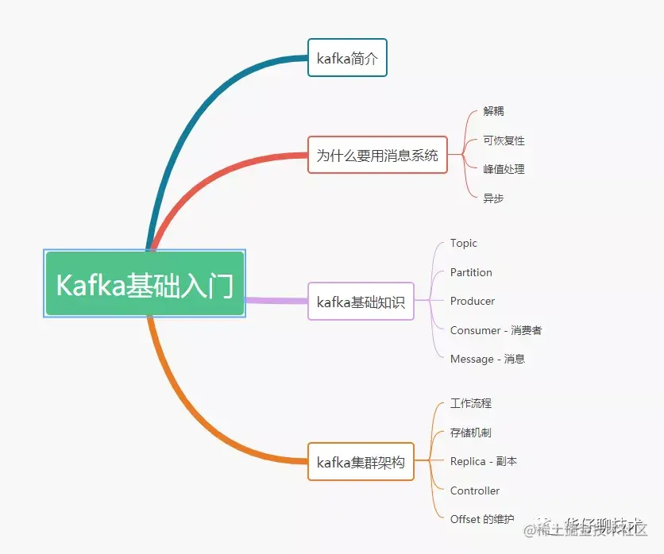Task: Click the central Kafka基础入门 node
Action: pos(145,284)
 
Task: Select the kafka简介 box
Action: pos(347,58)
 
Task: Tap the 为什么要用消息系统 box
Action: pos(377,155)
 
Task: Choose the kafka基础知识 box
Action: pos(361,302)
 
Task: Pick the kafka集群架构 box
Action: pos(361,462)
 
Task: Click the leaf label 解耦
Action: pos(493,111)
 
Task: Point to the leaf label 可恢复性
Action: pos(504,140)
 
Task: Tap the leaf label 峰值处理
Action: pos(504,169)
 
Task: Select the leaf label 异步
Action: pos(493,198)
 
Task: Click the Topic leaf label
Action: pos(464,244)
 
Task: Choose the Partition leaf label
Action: pos(471,272)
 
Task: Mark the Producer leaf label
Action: pos(473,302)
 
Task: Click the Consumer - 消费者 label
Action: pos(496,330)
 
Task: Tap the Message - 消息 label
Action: pos(487,359)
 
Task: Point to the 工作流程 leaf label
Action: pos(471,403)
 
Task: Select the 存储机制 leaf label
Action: pos(471,433)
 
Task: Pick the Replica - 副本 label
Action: pos(484,461)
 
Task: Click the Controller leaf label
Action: pos(475,491)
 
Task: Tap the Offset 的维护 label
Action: pos(482,519)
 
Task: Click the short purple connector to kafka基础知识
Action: pos(276,301)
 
